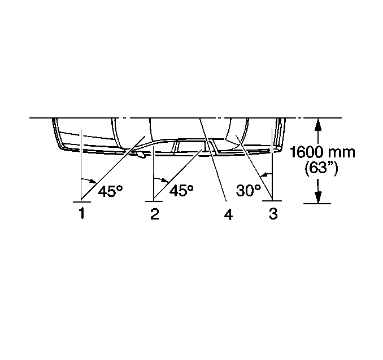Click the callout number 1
pos(82,213)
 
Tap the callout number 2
pos(155,214)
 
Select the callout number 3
pos(273,213)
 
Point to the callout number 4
pos(228,214)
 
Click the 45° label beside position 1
pos(110,191)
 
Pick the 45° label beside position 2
pos(181,190)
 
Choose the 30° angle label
pos(249,190)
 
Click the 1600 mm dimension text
pos(322,152)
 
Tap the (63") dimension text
pos(321,168)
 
